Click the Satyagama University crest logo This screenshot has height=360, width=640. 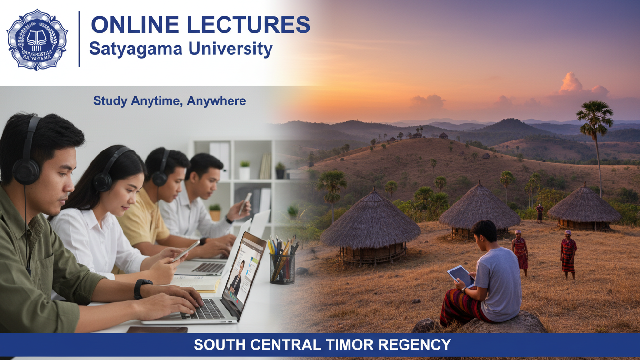37,40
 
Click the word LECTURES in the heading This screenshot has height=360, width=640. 249,25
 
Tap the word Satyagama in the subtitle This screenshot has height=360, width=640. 136,49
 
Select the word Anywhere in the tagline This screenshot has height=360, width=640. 216,101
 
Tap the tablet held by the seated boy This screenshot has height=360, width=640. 460,276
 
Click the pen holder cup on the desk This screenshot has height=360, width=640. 282,269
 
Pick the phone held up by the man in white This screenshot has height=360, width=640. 245,203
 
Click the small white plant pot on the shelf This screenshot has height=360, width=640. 244,173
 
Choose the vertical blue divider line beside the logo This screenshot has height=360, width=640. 79,39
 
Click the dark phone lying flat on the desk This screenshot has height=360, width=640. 157,330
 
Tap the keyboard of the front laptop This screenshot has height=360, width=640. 204,309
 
